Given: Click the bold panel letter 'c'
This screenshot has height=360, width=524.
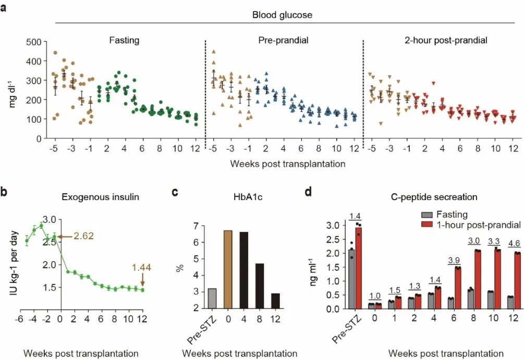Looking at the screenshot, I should click(x=175, y=192).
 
